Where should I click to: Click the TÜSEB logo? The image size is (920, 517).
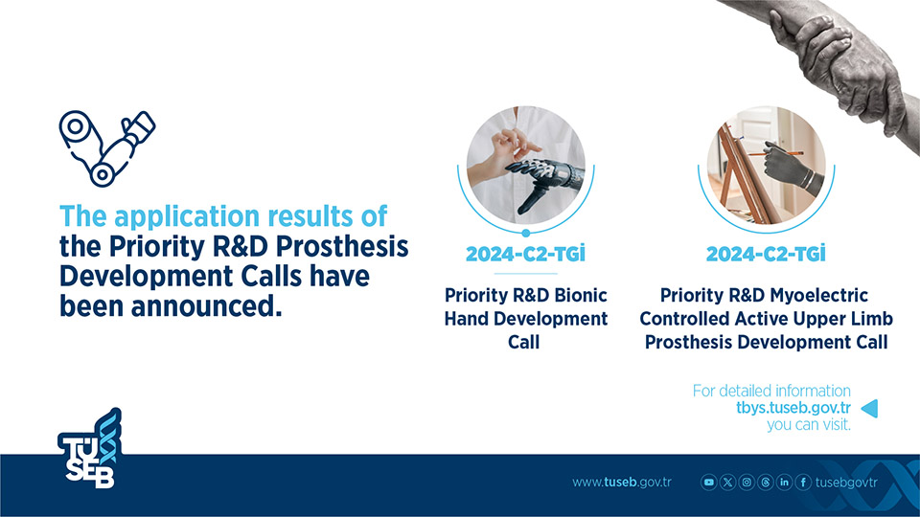90,448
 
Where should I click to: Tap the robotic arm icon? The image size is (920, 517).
106,148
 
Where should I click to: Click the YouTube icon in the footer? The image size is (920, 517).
709,483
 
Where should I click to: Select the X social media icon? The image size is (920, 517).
727,483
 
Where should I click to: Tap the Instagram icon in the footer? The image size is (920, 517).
747,483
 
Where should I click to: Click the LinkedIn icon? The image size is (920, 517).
784,483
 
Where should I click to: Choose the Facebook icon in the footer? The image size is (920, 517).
803,483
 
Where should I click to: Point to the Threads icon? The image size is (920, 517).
765,483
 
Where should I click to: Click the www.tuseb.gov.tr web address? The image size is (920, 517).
622,483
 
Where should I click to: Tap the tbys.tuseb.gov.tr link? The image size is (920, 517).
793,408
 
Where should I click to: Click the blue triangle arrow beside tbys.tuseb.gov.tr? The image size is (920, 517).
869,408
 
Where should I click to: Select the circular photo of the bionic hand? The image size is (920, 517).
526,165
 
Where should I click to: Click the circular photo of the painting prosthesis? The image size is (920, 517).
767,165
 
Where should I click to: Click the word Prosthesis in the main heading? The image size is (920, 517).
342,247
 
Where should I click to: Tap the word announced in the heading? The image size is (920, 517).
206,306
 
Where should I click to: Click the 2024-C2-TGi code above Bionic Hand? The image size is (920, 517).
526,254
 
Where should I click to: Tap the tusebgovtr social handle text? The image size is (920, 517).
846,483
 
